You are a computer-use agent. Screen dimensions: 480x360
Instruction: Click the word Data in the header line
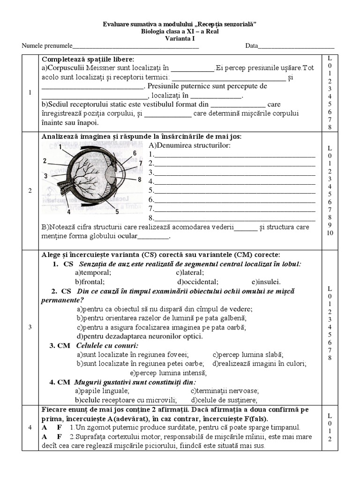(x=251, y=46)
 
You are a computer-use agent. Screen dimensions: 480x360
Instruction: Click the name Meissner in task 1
(x=103, y=67)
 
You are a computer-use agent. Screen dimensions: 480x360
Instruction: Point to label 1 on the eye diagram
(x=60, y=147)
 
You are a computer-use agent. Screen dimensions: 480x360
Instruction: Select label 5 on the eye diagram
(x=117, y=211)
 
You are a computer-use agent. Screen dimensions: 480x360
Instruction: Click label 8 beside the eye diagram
(x=139, y=180)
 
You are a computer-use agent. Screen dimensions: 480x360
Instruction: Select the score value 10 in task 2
(x=330, y=233)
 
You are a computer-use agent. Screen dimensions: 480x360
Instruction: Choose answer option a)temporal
(x=93, y=273)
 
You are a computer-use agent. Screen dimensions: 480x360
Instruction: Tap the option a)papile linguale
(x=102, y=391)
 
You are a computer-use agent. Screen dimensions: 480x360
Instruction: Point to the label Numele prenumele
(x=47, y=46)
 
